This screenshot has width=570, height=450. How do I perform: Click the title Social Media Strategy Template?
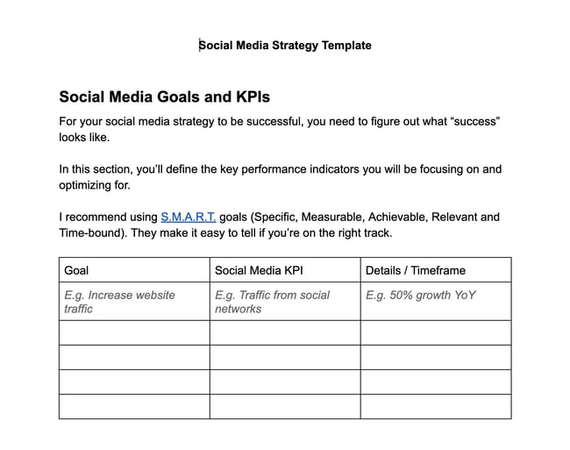(285, 46)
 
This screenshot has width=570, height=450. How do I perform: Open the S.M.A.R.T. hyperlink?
(188, 217)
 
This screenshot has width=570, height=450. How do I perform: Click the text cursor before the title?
(199, 46)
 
